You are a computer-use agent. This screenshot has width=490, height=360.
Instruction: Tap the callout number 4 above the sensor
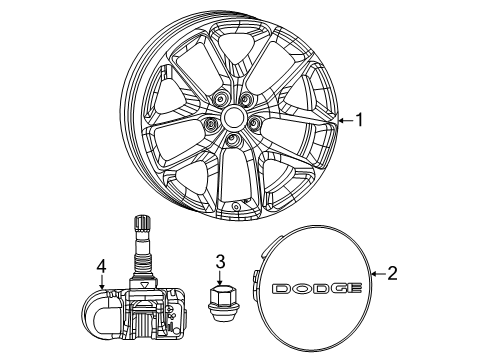[x=100, y=266]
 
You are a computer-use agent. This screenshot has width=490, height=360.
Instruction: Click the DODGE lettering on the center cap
[x=315, y=288]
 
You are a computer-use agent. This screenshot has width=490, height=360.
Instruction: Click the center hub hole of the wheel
[x=234, y=117]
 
